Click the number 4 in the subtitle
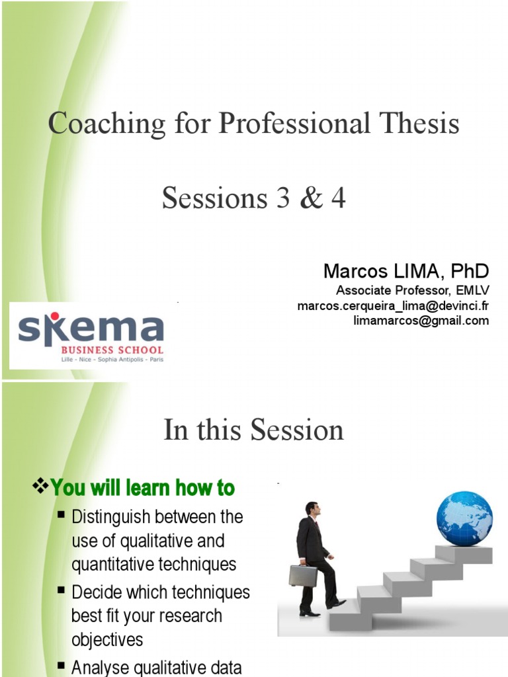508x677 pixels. point(338,198)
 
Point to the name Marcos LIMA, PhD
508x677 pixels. point(406,271)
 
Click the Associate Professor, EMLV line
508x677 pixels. point(413,291)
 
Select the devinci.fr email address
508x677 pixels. point(393,305)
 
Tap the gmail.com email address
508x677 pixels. point(421,321)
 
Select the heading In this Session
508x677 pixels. point(253,430)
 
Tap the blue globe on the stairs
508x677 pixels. point(464,519)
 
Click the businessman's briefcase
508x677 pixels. point(302,575)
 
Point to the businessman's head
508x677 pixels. point(313,509)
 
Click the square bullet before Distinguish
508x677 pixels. point(62,514)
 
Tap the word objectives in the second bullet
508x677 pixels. point(107,640)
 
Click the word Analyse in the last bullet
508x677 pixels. point(100,667)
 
